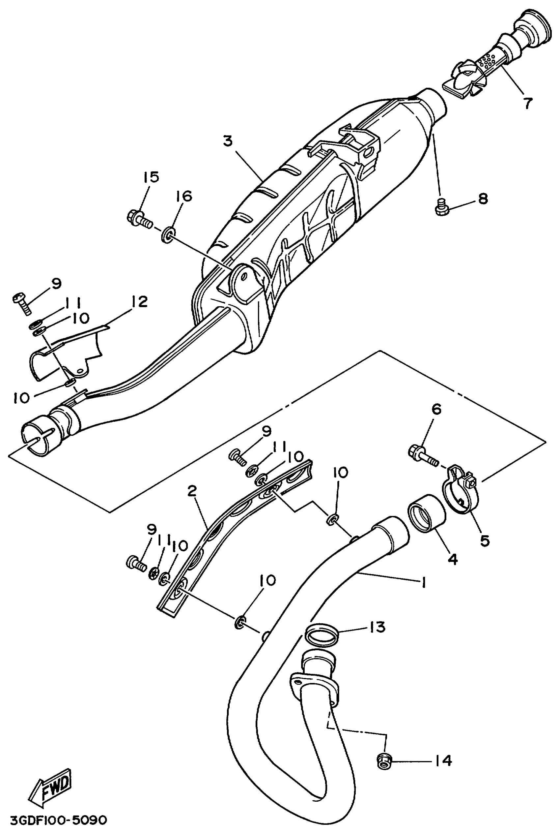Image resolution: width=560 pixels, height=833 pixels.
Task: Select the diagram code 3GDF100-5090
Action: coord(59,820)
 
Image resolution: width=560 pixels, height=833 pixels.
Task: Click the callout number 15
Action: coord(152,177)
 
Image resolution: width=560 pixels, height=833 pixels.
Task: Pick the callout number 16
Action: coord(183,196)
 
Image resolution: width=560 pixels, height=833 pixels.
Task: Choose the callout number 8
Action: coord(483,199)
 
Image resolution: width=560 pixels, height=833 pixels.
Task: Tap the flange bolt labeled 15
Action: coord(139,220)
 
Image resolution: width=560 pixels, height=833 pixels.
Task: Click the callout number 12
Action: coord(139,302)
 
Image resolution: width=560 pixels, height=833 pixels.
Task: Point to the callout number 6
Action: coord(436,409)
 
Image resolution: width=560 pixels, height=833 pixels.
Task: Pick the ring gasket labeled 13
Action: coord(322,634)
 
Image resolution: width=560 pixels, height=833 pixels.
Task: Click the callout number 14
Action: coord(443,760)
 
